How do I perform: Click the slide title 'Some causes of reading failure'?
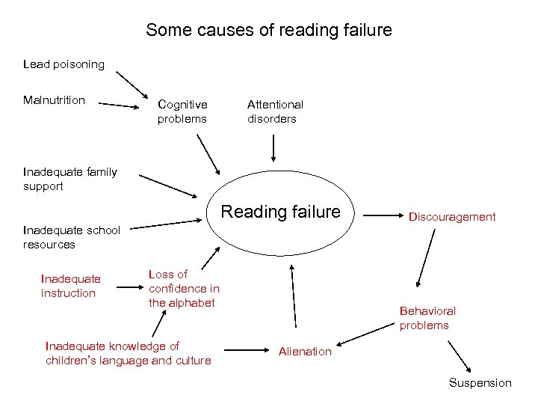point(269,31)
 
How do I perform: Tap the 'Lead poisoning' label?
point(64,64)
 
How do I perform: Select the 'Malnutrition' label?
point(54,100)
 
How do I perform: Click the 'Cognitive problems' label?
point(182,111)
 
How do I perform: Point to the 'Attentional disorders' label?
point(275,111)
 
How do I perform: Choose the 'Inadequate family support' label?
point(69,179)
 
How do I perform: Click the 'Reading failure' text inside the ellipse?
point(280,212)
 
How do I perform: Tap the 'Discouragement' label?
point(451,217)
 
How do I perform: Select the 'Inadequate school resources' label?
point(71,237)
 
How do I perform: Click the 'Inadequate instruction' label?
point(70,286)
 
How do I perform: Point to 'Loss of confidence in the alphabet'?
point(184,288)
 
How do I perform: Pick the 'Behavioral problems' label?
point(427,318)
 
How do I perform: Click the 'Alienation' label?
point(305,351)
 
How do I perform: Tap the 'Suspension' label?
point(480,383)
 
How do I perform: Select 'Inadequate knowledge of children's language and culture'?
point(128,353)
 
